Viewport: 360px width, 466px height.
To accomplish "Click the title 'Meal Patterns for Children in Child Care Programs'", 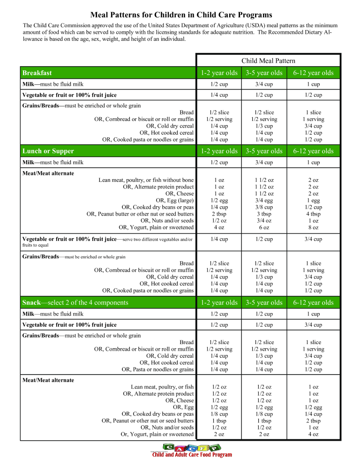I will (180, 15).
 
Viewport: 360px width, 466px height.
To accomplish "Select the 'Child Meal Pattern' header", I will (268, 60).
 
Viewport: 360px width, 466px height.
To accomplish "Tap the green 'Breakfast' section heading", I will (37, 73).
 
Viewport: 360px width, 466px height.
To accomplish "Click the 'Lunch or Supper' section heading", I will (48, 151).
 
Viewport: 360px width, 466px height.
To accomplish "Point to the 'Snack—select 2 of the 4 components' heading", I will (75, 302).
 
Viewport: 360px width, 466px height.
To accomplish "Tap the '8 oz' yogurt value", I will (313, 227).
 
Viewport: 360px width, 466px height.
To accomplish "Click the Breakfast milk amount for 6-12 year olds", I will (313, 84).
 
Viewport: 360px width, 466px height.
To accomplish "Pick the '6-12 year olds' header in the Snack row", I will (313, 302).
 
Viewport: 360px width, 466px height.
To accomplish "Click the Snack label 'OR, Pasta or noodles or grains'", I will (157, 369).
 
